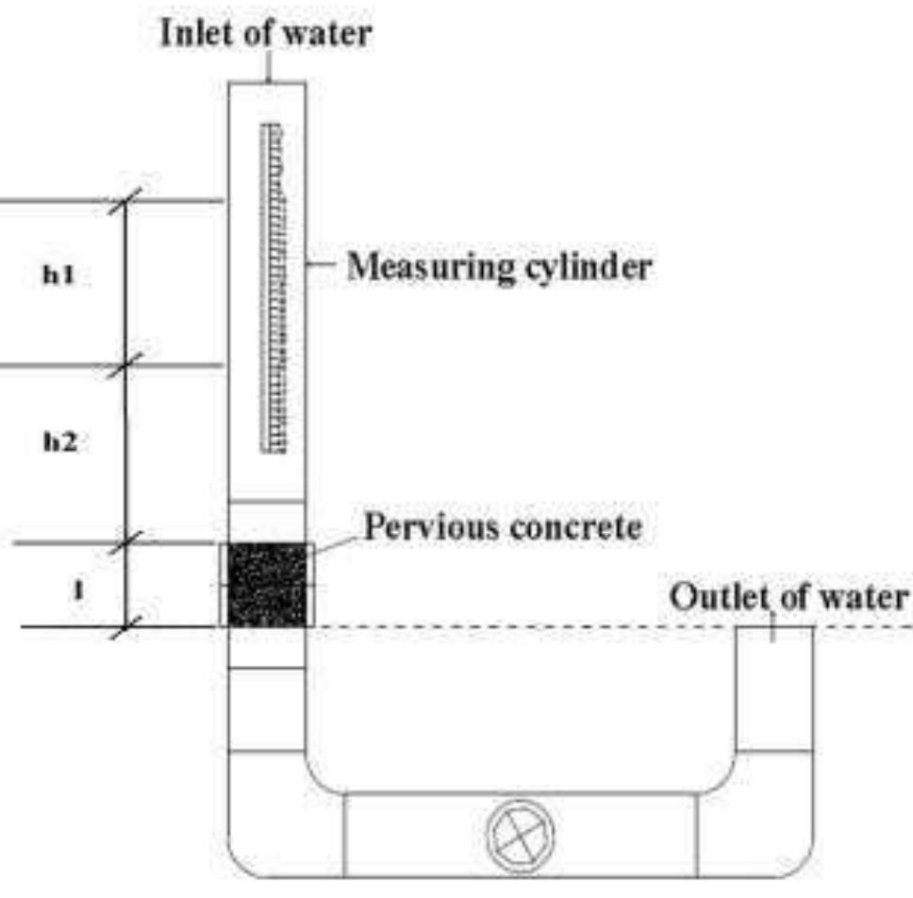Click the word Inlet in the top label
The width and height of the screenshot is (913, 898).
click(x=189, y=35)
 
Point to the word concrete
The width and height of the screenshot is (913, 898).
click(x=574, y=526)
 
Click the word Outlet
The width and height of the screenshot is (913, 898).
click(x=709, y=597)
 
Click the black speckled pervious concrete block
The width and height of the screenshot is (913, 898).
click(x=267, y=585)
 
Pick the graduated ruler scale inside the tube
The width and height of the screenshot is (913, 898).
click(x=272, y=288)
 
